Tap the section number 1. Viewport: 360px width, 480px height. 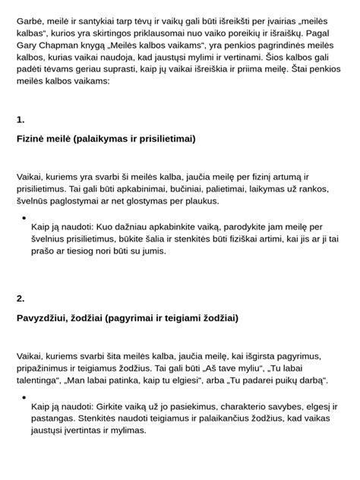click(x=21, y=119)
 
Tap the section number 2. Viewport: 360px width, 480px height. click(x=21, y=298)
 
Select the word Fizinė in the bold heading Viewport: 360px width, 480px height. click(x=33, y=139)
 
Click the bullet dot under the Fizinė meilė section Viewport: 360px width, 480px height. click(x=24, y=217)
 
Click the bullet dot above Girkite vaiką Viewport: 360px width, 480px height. click(x=24, y=396)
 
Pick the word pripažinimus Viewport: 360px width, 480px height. click(x=49, y=368)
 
